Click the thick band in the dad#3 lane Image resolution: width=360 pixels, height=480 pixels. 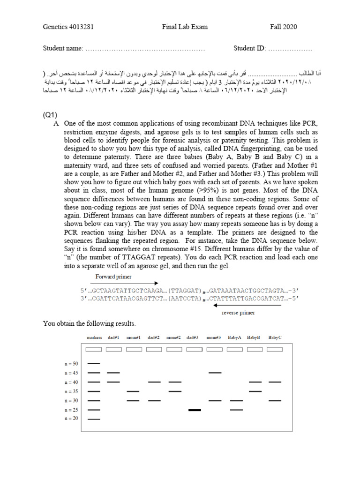click(195, 410)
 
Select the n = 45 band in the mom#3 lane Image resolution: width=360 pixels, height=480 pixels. click(215, 373)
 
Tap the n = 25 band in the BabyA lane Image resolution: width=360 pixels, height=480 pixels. click(237, 410)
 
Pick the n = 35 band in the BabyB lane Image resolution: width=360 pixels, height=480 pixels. click(255, 391)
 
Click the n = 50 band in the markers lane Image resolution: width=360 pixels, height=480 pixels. click(94, 363)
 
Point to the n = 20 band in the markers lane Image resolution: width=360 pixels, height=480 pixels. click(94, 419)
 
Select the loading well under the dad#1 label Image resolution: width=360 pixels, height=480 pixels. click(114, 349)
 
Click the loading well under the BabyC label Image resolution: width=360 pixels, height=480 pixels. click(275, 349)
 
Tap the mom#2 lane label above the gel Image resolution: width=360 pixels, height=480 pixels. click(173, 337)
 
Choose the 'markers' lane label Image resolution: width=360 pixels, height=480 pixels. click(94, 337)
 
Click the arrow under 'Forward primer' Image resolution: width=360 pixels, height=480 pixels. click(127, 283)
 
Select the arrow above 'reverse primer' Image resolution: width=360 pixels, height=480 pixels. click(247, 305)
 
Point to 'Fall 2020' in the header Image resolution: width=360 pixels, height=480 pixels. click(283, 27)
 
